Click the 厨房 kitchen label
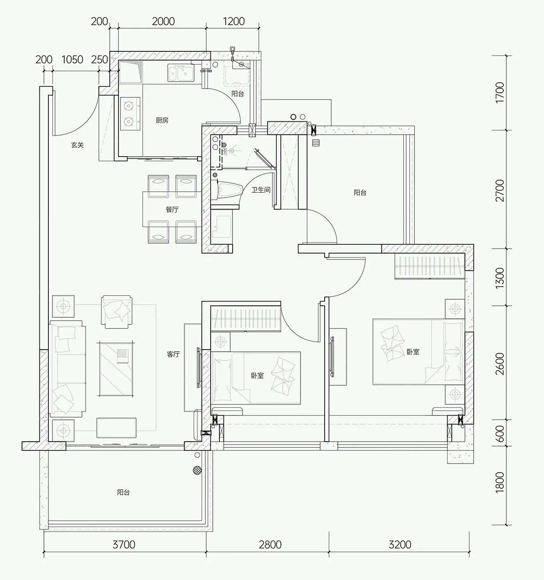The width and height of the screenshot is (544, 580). click(x=162, y=120)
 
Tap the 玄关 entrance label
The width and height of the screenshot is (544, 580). click(x=77, y=145)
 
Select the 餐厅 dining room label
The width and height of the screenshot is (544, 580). click(x=172, y=209)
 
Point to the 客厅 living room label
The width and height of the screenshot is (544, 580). click(x=173, y=354)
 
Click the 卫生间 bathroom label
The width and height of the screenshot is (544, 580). click(x=261, y=190)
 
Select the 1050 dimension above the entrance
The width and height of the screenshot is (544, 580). click(x=72, y=60)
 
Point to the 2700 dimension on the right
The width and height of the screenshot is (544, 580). click(x=500, y=191)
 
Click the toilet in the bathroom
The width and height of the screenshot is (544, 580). click(x=229, y=190)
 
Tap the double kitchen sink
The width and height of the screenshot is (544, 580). click(x=181, y=73)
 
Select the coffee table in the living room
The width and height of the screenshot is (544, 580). click(x=116, y=368)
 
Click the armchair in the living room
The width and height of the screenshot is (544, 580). click(x=116, y=312)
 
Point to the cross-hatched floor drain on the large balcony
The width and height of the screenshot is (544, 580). click(x=197, y=470)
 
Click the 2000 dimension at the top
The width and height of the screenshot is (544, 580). click(x=163, y=21)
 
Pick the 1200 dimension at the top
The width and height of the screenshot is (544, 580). click(x=233, y=21)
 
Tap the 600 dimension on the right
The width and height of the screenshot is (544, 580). click(x=500, y=433)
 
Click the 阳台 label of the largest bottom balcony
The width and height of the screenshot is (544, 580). click(x=123, y=493)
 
